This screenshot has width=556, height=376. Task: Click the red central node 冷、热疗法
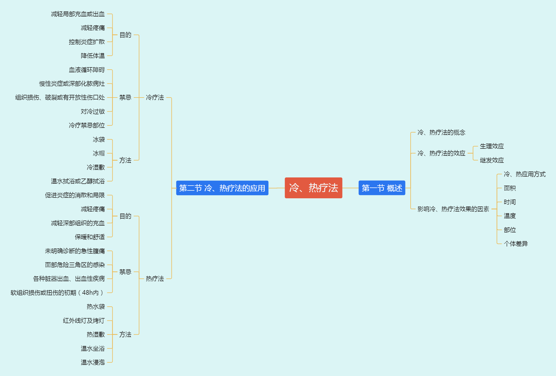tap(313, 188)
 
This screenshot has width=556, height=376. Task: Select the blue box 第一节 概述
tap(382, 188)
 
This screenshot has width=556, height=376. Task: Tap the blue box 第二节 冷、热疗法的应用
tap(222, 188)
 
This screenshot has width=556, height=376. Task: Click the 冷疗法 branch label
tap(155, 98)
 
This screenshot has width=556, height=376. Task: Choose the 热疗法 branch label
tap(155, 278)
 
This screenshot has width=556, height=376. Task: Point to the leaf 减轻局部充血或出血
tap(78, 14)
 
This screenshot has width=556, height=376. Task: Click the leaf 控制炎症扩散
tap(87, 42)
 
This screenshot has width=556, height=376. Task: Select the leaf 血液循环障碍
tap(87, 70)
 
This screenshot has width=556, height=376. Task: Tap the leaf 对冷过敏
tap(93, 111)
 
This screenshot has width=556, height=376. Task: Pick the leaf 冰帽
tap(99, 153)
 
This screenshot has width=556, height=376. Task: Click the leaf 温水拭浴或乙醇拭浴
tap(78, 181)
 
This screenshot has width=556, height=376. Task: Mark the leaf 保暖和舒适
tap(90, 237)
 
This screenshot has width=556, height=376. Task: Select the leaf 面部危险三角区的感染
tap(75, 265)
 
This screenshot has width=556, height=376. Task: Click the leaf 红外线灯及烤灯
tap(84, 320)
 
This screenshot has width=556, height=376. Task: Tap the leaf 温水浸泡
tap(93, 362)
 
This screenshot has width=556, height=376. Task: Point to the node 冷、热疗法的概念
tap(441, 132)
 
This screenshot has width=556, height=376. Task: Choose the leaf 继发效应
tap(492, 160)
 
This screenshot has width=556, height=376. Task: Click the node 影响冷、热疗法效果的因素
tap(453, 209)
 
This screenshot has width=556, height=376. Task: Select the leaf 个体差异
tap(516, 244)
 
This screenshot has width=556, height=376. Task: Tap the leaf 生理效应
tap(492, 146)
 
